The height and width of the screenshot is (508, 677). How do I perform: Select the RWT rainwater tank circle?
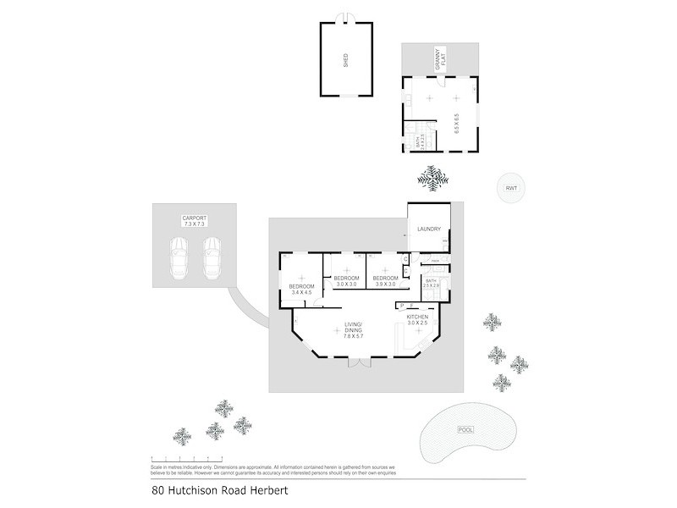(511, 189)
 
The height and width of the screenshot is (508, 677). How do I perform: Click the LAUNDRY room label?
(429, 229)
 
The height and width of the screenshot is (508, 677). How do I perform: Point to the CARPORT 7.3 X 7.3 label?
(194, 222)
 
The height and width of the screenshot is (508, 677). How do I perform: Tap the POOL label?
(465, 430)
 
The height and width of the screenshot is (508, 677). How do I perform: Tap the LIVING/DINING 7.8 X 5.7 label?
(354, 330)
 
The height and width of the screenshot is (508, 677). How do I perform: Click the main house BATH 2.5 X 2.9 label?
(431, 284)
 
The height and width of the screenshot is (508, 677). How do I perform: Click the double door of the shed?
(345, 19)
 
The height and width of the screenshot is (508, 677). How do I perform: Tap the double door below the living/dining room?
(360, 363)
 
